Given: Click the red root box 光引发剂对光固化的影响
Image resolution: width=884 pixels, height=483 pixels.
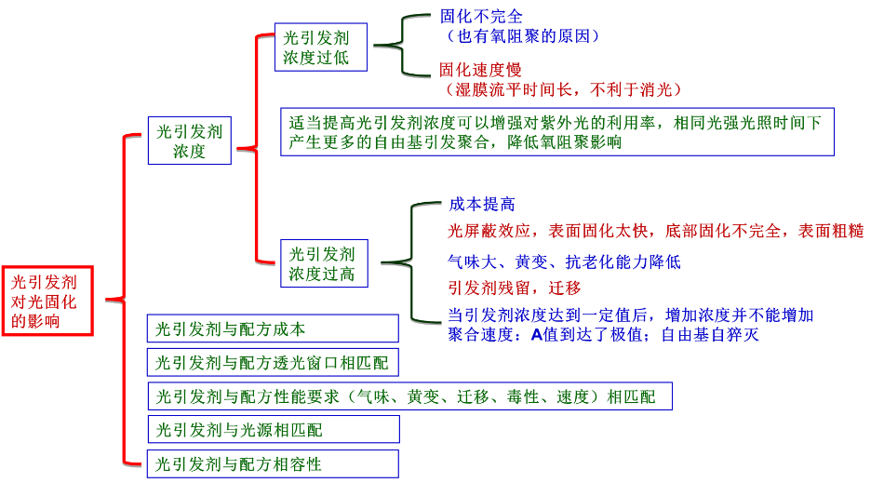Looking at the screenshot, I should coord(47,301).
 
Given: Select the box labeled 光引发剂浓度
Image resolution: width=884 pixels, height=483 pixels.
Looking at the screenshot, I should coord(189,141).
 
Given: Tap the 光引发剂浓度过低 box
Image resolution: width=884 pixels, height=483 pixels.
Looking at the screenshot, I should coord(321,47).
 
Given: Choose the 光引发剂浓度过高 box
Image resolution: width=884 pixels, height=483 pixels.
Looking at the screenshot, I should coord(322,263).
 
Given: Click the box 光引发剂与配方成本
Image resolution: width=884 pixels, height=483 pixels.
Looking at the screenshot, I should coord(273,329).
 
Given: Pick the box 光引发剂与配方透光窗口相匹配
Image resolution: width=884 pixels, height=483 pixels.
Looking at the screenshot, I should coord(273,361).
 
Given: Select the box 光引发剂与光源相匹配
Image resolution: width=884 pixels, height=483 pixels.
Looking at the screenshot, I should coord(273,429).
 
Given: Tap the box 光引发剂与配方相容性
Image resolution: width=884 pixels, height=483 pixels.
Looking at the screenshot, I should coord(273,463).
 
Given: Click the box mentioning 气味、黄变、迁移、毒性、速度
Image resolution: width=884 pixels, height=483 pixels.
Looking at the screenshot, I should coord(409,396).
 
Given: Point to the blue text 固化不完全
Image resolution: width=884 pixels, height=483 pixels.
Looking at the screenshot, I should coord(481,17).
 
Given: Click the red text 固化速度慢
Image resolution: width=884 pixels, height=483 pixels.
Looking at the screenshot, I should coord(480,70).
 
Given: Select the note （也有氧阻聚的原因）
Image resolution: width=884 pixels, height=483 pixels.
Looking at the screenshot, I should coord(521,36).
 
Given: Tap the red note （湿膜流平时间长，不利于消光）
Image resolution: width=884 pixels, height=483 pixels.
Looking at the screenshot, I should coord(563,89).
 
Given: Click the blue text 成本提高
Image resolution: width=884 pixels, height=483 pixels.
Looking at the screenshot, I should coord(481,204).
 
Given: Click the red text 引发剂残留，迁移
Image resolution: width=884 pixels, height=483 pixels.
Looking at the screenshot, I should coord(514,288).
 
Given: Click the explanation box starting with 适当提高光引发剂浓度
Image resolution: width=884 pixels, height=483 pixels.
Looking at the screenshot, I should coord(557,131).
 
